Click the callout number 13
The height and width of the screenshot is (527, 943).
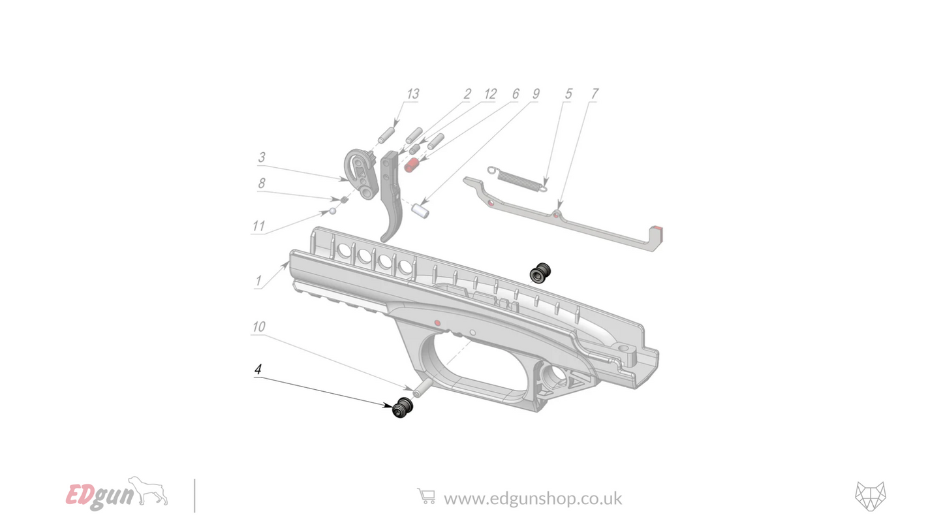(x=412, y=95)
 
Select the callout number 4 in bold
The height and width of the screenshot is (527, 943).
(x=258, y=370)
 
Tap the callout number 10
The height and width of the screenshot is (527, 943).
(x=258, y=327)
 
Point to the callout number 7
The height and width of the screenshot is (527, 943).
(x=594, y=95)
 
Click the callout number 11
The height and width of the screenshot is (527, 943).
(x=258, y=227)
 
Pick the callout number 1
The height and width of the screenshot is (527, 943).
(x=258, y=281)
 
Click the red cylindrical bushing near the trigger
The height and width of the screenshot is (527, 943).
(x=411, y=166)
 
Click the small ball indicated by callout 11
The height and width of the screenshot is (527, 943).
(x=332, y=211)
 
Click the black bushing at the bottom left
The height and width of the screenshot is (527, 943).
(x=403, y=407)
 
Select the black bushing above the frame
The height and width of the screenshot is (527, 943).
(x=540, y=273)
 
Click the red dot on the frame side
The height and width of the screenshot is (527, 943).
(x=437, y=323)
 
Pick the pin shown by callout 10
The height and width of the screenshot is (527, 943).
(x=422, y=389)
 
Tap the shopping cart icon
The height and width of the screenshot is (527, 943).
(x=425, y=497)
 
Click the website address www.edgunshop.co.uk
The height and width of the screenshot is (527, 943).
(x=533, y=499)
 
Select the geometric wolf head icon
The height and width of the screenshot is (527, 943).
(x=871, y=496)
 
